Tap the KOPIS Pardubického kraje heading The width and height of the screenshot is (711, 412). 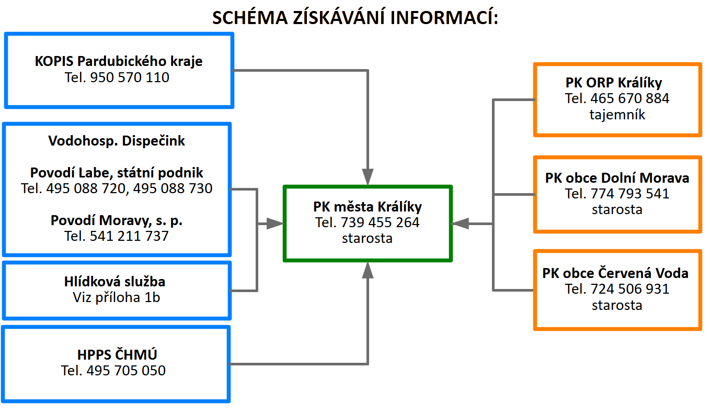click(x=119, y=61)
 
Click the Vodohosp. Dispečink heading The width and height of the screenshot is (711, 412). click(x=117, y=141)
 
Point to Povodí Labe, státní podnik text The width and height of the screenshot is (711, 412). click(x=117, y=173)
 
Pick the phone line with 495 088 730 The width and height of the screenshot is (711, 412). click(x=117, y=188)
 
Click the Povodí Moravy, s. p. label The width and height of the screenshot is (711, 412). click(x=117, y=220)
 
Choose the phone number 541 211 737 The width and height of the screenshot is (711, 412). click(x=117, y=236)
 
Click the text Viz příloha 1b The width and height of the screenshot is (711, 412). click(x=117, y=297)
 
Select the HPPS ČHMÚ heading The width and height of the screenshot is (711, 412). click(x=117, y=355)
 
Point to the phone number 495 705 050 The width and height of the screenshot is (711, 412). click(x=113, y=371)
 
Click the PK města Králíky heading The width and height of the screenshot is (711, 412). click(x=368, y=206)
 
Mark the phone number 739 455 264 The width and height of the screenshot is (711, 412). click(x=368, y=222)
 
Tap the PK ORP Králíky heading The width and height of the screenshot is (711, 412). click(x=617, y=83)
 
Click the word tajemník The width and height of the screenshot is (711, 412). click(x=617, y=115)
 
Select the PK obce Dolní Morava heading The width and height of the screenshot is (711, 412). click(x=617, y=178)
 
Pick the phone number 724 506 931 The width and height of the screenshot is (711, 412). click(x=617, y=289)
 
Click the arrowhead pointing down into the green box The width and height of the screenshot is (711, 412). click(x=368, y=176)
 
